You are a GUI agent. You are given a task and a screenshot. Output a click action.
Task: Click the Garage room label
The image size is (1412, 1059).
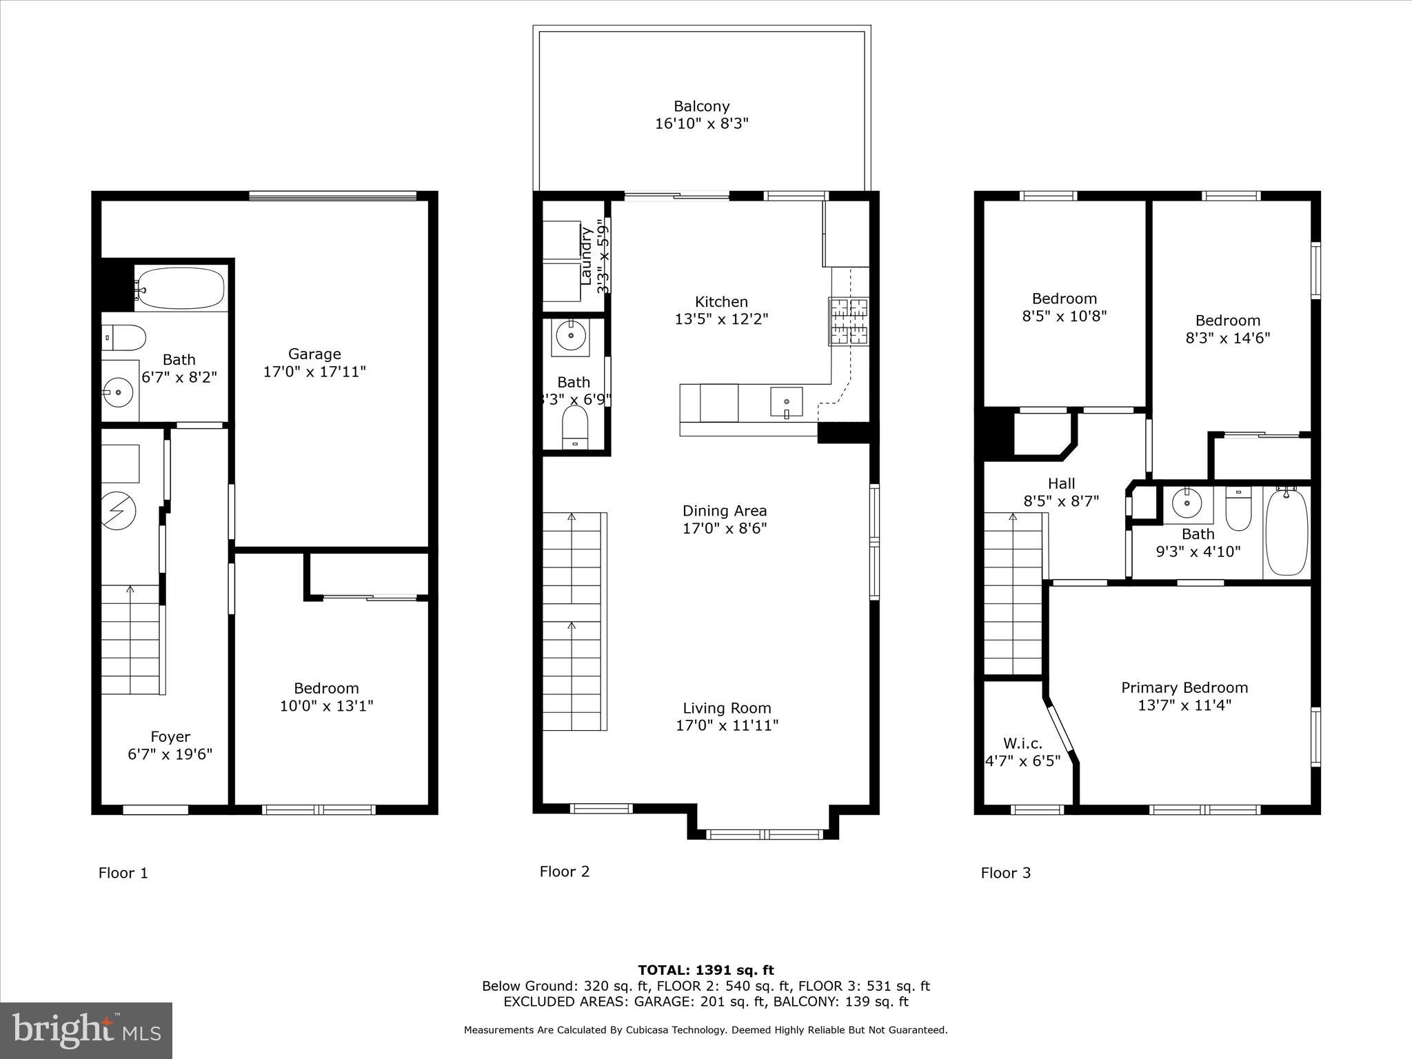pyautogui.click(x=314, y=354)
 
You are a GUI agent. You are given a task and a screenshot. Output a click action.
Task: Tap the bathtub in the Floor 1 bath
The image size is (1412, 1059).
pyautogui.click(x=181, y=288)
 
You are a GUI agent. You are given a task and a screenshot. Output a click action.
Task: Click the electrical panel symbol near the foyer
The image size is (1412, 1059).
pyautogui.click(x=117, y=510)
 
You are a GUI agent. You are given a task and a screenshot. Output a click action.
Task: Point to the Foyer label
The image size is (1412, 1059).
pyautogui.click(x=170, y=737)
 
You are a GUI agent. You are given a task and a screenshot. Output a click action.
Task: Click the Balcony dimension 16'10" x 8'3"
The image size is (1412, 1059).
pyautogui.click(x=701, y=124)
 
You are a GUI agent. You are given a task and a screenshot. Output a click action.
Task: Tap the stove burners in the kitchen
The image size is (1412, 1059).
pyautogui.click(x=849, y=321)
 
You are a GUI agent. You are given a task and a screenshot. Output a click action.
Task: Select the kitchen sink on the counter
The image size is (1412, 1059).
pyautogui.click(x=786, y=402)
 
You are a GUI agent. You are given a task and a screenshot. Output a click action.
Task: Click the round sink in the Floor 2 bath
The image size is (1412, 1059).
pyautogui.click(x=570, y=336)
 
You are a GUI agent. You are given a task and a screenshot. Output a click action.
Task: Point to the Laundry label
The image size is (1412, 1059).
pyautogui.click(x=587, y=256)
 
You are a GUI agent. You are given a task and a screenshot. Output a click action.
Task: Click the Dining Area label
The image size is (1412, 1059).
pyautogui.click(x=724, y=511)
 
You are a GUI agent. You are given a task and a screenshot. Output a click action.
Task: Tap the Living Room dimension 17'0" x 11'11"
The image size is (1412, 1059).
pyautogui.click(x=727, y=725)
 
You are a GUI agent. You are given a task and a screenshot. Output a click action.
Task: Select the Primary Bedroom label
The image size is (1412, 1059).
pyautogui.click(x=1184, y=687)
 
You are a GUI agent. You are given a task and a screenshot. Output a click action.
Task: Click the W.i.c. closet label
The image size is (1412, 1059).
pyautogui.click(x=1022, y=743)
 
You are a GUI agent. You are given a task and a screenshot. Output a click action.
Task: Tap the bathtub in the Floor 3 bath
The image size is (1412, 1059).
pyautogui.click(x=1287, y=532)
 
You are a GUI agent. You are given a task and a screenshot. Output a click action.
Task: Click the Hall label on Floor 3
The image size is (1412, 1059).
pyautogui.click(x=1061, y=483)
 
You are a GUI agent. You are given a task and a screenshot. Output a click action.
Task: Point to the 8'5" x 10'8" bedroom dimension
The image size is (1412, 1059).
pyautogui.click(x=1064, y=316)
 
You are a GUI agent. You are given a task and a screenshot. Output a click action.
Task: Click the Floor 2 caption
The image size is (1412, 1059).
pyautogui.click(x=564, y=871)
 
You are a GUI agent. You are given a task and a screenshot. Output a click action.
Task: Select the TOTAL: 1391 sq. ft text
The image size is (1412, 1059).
pyautogui.click(x=705, y=970)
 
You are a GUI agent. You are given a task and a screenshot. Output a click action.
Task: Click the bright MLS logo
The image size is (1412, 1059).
pyautogui.click(x=86, y=1030)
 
